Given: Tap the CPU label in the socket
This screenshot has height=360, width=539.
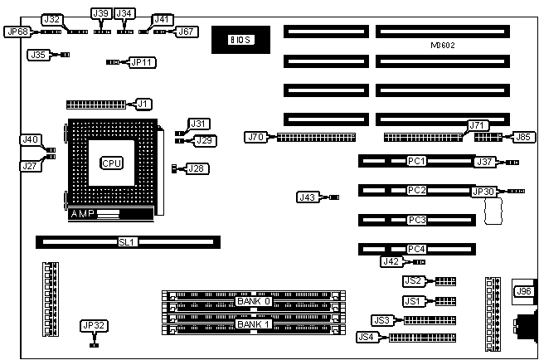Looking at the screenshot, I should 111,163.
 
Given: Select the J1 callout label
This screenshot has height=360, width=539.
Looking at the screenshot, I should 143,104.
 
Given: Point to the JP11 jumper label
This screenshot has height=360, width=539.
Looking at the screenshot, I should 143,61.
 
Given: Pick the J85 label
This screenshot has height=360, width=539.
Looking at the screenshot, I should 523,136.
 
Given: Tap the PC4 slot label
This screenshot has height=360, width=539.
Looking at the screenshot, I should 416,248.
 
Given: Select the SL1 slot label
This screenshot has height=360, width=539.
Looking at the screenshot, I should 127,242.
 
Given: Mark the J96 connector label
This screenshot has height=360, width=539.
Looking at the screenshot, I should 523,291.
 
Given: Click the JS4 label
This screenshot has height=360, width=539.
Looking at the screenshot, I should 366,337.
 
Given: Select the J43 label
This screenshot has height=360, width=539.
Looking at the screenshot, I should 307,197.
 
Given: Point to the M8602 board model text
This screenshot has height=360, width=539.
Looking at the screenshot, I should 445,45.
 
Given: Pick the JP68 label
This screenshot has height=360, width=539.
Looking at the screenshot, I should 16,32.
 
